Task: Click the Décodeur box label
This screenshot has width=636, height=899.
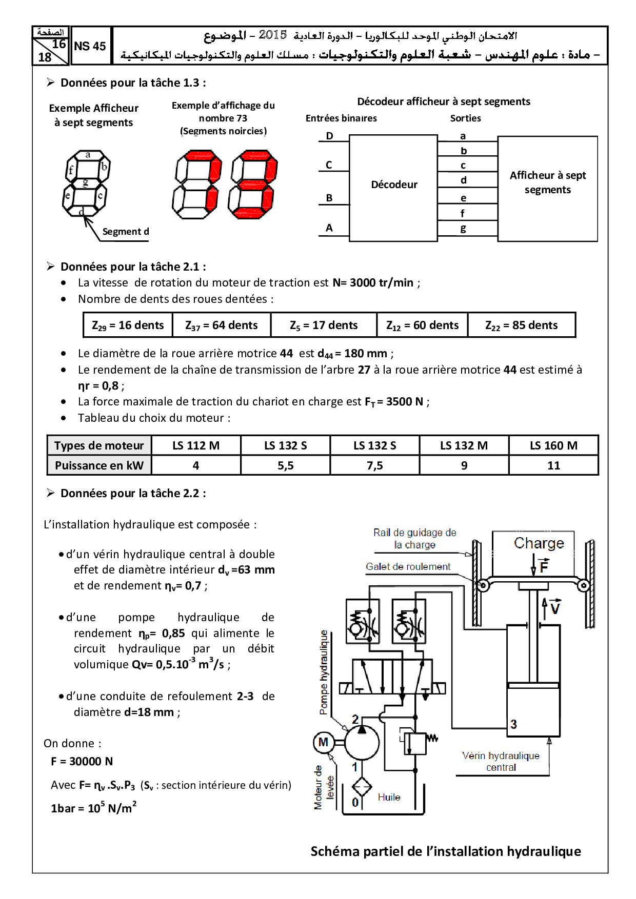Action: point(394,185)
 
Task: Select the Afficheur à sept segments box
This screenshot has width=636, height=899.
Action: point(547,182)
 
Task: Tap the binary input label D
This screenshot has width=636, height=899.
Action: point(329,136)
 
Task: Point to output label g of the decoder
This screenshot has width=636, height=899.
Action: point(463,229)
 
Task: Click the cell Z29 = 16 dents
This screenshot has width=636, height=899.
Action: point(128,325)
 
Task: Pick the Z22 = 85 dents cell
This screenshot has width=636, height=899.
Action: point(521,325)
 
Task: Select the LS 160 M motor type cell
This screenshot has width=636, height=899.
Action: point(553,446)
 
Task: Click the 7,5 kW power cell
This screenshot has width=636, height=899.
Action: point(374,465)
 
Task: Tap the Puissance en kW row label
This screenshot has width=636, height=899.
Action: point(99,465)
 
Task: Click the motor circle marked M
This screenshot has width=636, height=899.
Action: point(324,742)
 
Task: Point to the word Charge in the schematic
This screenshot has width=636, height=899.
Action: point(539,543)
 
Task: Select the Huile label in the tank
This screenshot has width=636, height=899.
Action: point(389,797)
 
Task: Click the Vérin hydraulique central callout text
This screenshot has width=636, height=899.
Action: point(501,761)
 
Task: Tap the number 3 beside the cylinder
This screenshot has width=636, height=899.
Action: point(513,724)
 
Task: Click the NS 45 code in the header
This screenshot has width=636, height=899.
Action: point(90,46)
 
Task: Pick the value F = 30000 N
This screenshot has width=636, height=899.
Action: point(82,762)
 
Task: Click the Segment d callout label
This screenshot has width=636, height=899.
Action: point(125,232)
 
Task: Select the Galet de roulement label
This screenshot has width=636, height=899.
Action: point(408,567)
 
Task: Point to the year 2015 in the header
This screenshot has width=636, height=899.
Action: point(272,35)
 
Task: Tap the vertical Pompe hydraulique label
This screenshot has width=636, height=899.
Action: point(324,672)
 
